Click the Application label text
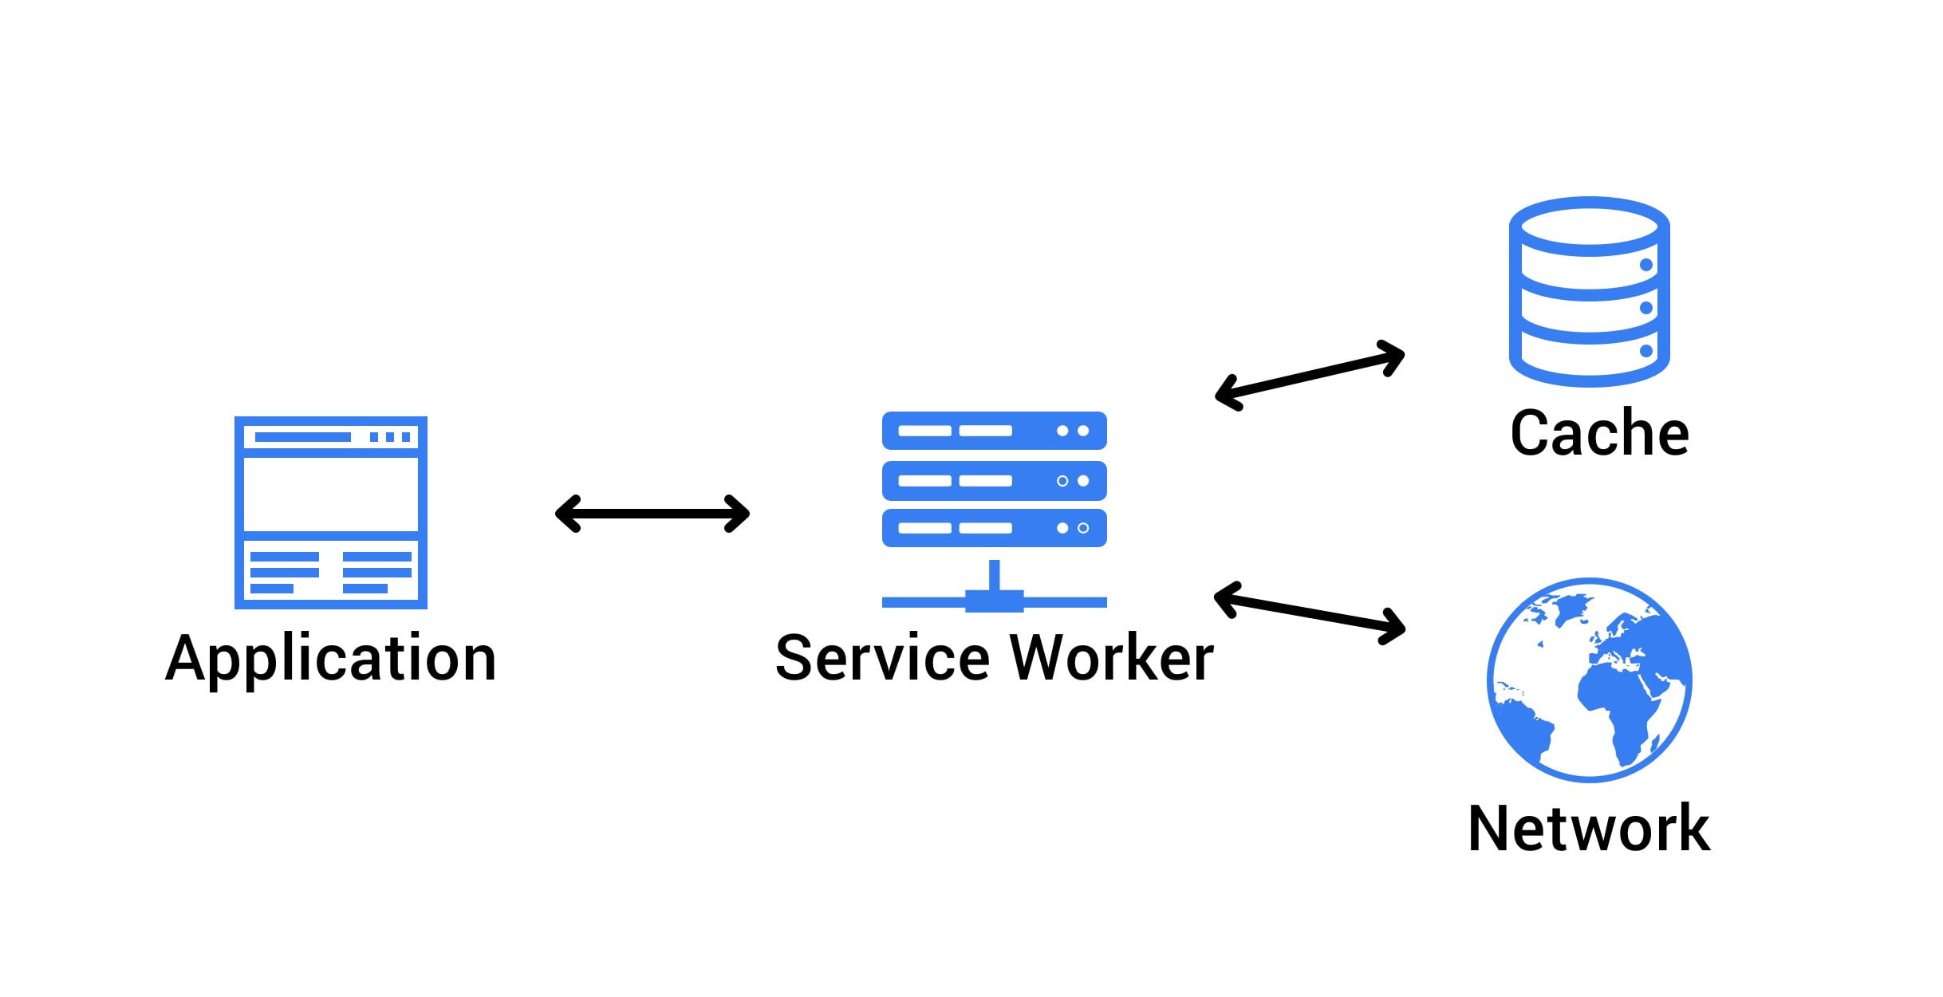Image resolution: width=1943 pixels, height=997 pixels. tap(331, 659)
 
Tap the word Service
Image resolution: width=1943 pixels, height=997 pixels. tap(883, 659)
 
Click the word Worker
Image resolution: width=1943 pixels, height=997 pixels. tap(1112, 659)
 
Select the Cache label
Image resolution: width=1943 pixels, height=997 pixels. tap(1599, 433)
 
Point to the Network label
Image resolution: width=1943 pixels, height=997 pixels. tap(1589, 829)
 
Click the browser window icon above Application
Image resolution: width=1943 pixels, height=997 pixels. tap(331, 512)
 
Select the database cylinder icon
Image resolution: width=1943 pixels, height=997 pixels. tap(1589, 292)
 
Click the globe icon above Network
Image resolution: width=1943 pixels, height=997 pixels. tap(1589, 680)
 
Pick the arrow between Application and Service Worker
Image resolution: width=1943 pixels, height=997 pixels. tap(652, 513)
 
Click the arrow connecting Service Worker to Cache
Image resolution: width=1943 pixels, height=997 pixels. tap(1309, 375)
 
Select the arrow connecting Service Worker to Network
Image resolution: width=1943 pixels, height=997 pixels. tap(1309, 611)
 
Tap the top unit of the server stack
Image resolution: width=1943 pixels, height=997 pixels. tap(994, 431)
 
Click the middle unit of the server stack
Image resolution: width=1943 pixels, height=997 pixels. tap(994, 481)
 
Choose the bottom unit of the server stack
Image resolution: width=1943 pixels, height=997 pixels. tap(994, 528)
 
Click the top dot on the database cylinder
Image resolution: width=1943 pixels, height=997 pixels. tap(1645, 265)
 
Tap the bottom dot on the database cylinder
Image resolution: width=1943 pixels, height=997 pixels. tap(1645, 351)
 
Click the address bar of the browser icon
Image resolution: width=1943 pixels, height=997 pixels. tap(302, 437)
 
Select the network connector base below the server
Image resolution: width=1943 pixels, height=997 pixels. tap(994, 600)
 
